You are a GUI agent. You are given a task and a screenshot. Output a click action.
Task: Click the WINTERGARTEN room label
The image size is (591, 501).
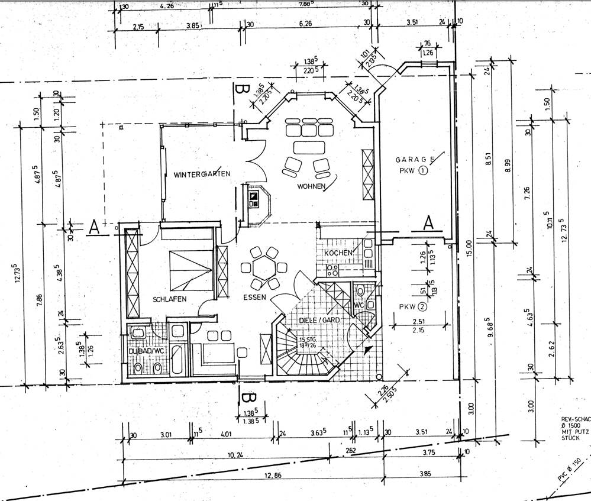[202, 174]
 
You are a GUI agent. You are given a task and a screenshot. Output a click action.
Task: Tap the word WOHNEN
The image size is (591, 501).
[312, 187]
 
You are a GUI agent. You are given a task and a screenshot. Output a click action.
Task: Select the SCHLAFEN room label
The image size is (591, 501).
[169, 299]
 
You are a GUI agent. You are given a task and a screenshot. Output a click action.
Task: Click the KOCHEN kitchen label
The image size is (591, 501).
[338, 253]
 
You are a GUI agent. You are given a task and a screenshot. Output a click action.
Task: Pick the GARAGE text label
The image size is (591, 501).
[416, 160]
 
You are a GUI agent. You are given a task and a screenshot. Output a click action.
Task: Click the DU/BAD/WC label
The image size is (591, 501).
[149, 351]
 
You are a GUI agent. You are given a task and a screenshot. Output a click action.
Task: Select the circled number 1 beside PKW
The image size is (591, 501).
[424, 172]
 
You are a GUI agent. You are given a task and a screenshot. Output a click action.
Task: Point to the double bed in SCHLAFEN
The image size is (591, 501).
[190, 270]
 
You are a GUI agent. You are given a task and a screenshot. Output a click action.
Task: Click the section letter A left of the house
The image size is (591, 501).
[93, 227]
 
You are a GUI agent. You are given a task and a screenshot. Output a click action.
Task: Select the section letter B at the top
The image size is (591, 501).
[240, 92]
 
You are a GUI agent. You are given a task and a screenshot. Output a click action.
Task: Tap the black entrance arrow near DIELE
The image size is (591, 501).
[369, 349]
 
